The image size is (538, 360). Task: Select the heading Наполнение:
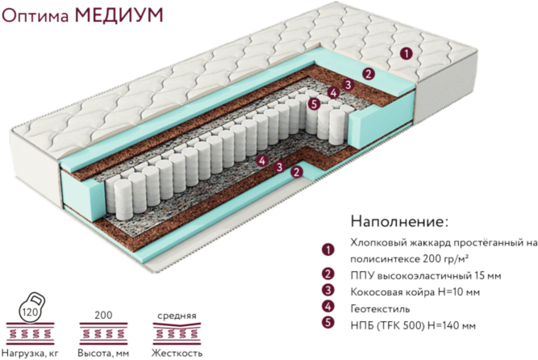tap(399, 220)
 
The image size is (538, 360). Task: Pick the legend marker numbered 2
tap(327, 274)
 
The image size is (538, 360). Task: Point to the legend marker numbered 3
tap(327, 291)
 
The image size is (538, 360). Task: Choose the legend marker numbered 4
tap(327, 308)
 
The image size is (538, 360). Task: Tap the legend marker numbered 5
tap(327, 324)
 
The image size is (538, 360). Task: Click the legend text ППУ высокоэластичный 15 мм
tap(419, 274)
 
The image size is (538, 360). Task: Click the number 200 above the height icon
tap(103, 314)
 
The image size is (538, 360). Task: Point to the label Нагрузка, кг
tap(32, 353)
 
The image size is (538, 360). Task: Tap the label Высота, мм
tap(103, 353)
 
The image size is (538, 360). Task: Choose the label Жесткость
tap(177, 353)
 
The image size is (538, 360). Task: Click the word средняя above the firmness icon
tap(177, 315)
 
